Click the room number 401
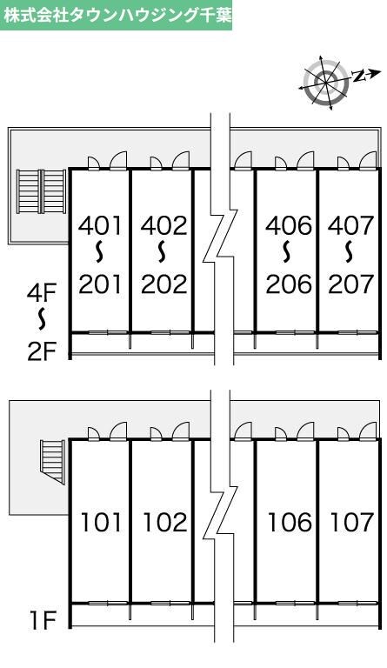click(100, 225)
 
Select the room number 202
click(163, 284)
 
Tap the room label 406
click(289, 225)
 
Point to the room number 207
click(350, 284)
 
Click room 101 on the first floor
click(102, 522)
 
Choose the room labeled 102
click(165, 522)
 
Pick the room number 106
click(290, 522)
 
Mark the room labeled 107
click(352, 522)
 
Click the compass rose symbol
click(326, 82)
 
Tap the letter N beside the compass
click(360, 76)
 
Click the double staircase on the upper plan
click(42, 191)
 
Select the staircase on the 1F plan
click(53, 462)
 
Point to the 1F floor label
click(43, 621)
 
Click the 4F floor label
click(41, 293)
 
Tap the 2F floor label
click(42, 351)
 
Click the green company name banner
click(117, 16)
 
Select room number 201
click(100, 284)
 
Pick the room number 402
click(163, 225)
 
